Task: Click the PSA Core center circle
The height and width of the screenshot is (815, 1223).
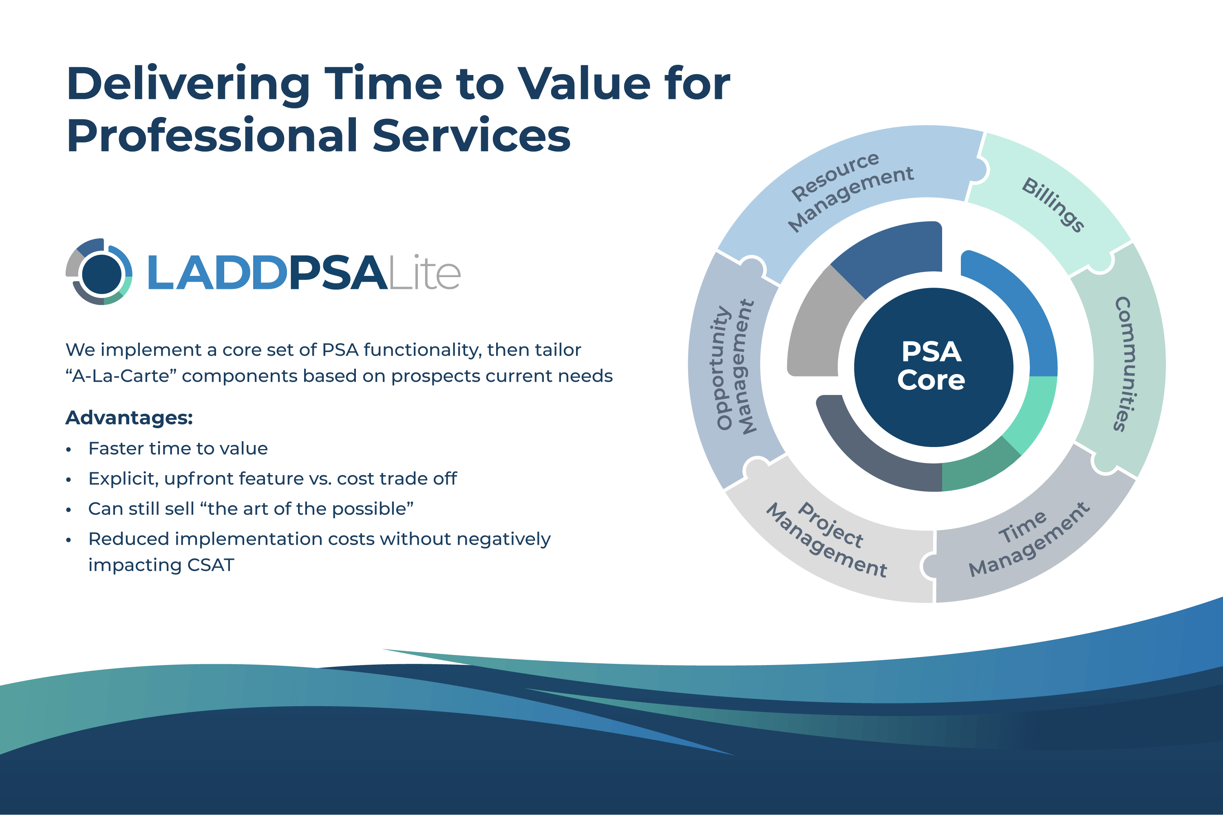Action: click(934, 367)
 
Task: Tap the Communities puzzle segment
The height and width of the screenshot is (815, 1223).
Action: click(1123, 364)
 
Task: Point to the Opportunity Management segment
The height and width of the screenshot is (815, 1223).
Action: click(733, 369)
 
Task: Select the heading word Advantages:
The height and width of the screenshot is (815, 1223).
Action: click(129, 417)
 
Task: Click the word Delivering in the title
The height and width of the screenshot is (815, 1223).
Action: click(189, 85)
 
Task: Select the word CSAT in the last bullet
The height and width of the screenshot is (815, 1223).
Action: click(211, 565)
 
